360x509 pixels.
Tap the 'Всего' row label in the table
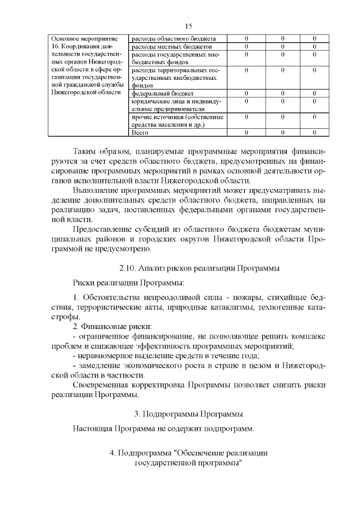139,133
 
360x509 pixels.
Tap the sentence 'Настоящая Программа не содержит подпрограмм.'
164,429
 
